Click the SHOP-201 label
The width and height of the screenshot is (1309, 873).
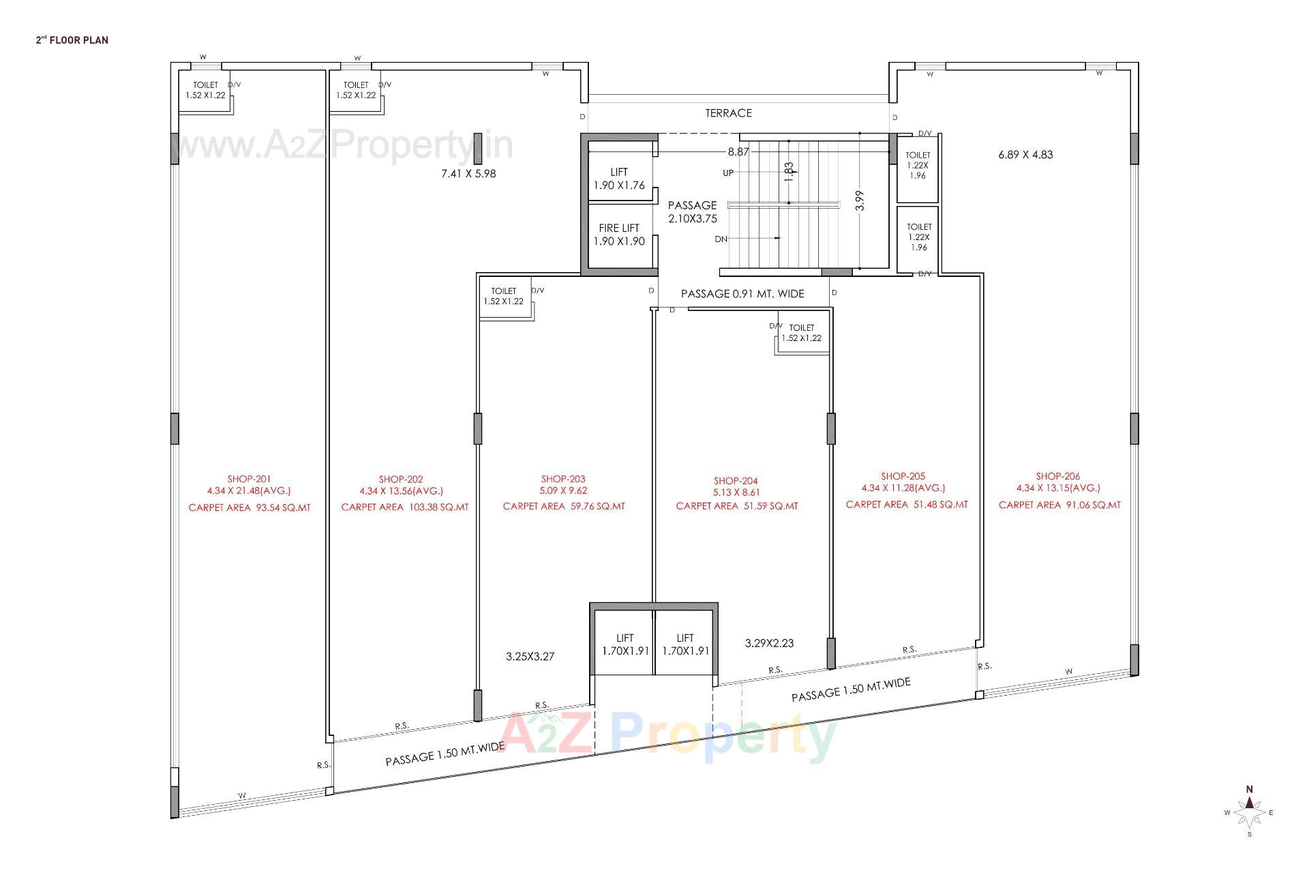pos(249,479)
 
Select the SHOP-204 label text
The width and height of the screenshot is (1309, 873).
pos(736,481)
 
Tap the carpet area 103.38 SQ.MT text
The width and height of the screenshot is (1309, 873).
pos(404,507)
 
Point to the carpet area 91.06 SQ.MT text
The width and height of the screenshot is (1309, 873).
pos(1059,505)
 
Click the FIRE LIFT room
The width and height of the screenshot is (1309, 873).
pos(619,235)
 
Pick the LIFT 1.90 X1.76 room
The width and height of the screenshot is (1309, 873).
pos(619,179)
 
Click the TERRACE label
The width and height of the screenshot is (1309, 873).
pos(728,113)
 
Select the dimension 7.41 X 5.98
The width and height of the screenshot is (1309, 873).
pos(468,174)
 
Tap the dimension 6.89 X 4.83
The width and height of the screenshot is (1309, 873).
pos(1025,155)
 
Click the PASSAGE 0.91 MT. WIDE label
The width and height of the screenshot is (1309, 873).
pos(742,294)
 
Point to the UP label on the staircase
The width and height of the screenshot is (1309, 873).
pos(728,173)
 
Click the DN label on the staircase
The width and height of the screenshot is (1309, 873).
pos(721,239)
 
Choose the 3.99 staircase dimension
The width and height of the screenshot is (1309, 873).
pos(860,201)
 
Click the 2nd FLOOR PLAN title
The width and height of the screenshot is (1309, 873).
pos(72,40)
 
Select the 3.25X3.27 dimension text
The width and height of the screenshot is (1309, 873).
pos(530,657)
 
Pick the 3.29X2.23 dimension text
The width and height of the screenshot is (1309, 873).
pos(769,643)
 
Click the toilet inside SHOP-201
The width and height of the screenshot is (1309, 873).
pos(205,90)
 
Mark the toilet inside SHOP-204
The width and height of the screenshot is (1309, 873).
pos(802,334)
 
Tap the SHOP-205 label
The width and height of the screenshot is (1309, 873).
pos(903,476)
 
